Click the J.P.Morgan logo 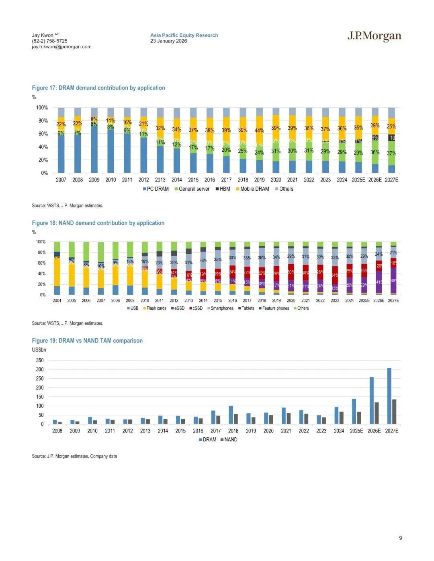click(374, 36)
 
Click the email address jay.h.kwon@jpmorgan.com click(61, 47)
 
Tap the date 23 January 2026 click(168, 41)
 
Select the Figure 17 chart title click(98, 88)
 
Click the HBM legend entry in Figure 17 click(223, 189)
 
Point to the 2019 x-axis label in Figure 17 click(259, 180)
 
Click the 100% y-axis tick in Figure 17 click(42, 108)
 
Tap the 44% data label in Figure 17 click(259, 131)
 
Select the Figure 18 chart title click(98, 223)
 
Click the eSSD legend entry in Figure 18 click(178, 308)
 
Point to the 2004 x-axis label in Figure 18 click(57, 300)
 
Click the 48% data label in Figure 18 click(394, 281)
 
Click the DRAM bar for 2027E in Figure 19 click(389, 396)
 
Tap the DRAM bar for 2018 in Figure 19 click(231, 415)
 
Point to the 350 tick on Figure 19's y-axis click(40, 360)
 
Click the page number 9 click(400, 538)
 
